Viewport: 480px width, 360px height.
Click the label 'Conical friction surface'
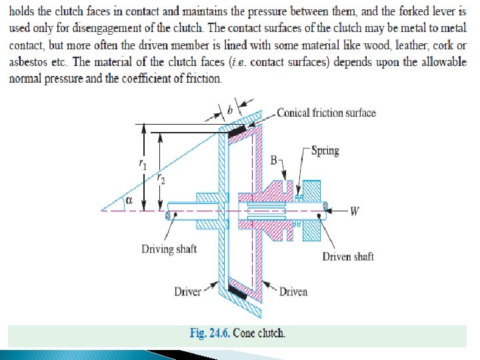pyautogui.click(x=326, y=113)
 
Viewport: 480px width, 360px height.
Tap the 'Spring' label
pyautogui.click(x=325, y=151)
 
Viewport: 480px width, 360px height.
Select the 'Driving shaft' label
pyautogui.click(x=169, y=249)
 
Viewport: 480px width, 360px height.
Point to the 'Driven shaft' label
pyautogui.click(x=348, y=256)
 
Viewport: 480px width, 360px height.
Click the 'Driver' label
pyautogui.click(x=187, y=291)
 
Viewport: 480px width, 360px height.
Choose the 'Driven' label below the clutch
pyautogui.click(x=293, y=291)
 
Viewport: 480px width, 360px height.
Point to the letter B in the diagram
pyautogui.click(x=274, y=160)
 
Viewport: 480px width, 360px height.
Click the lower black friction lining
pyautogui.click(x=237, y=291)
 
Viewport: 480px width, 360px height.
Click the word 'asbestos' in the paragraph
pyautogui.click(x=29, y=62)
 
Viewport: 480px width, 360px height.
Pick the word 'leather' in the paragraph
pyautogui.click(x=393, y=47)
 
